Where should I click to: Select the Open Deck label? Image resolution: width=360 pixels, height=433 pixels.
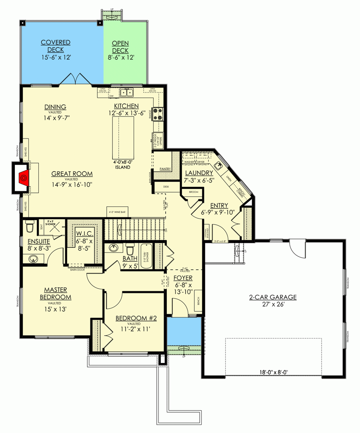pos(120,47)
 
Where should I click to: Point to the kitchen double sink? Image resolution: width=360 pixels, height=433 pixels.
pos(127,93)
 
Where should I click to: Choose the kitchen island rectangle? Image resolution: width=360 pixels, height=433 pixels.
pos(122,138)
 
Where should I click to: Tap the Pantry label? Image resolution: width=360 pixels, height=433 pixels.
pos(165,169)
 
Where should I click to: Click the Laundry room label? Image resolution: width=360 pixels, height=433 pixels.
pos(199,172)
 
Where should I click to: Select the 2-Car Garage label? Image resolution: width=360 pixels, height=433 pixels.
pos(273,297)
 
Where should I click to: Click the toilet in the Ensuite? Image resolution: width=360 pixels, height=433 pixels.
pos(29,227)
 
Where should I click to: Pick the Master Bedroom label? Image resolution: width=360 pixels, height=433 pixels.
pos(56,293)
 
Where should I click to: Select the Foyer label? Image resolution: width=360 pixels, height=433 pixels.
pos(184,278)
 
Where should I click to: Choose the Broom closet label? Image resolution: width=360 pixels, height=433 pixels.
pos(194,192)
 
